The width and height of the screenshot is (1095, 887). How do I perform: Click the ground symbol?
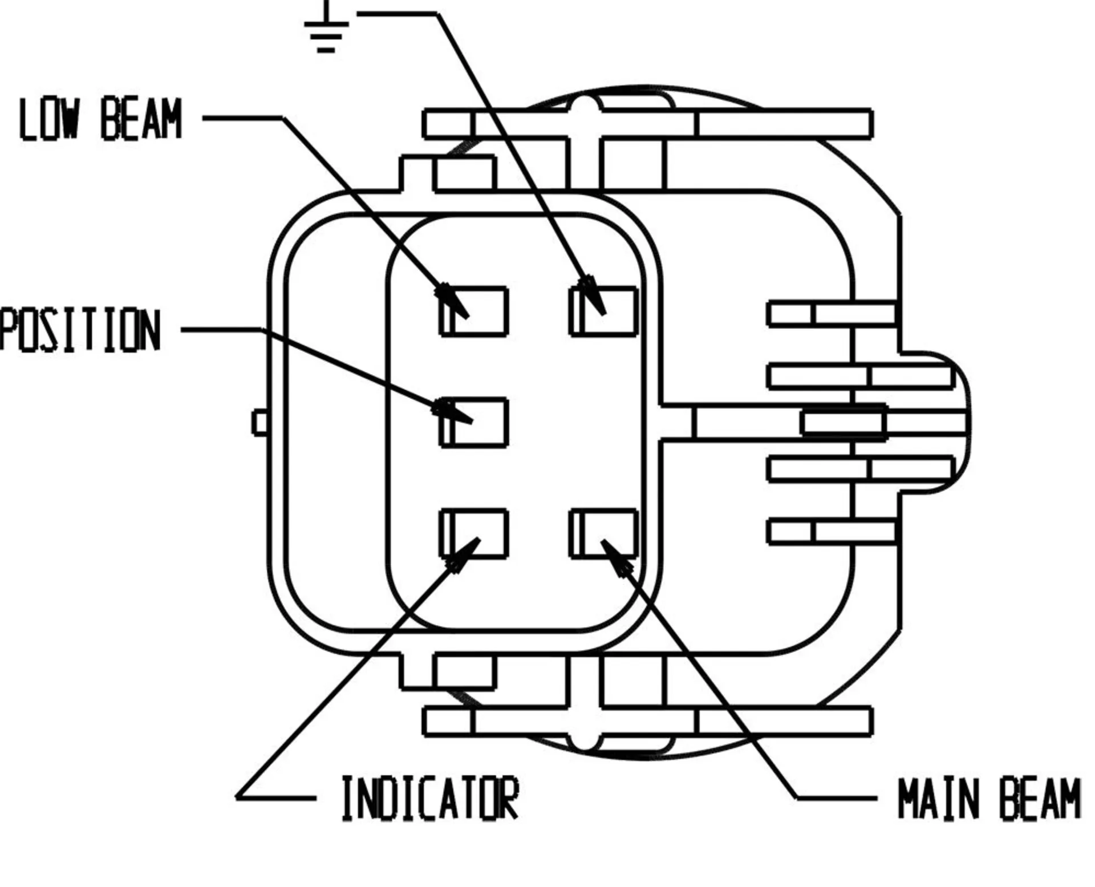click(x=326, y=29)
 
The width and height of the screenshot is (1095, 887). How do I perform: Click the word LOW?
click(x=48, y=119)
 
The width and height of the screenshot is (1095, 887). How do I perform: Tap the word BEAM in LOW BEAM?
click(x=141, y=119)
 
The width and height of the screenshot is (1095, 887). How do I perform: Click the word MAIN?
click(x=942, y=799)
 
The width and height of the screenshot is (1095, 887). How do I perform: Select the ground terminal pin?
click(x=604, y=311)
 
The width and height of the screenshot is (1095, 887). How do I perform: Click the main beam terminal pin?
click(x=604, y=533)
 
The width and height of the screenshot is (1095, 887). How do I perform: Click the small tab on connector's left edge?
click(x=260, y=423)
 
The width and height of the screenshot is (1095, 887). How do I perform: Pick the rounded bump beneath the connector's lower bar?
click(x=585, y=742)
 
